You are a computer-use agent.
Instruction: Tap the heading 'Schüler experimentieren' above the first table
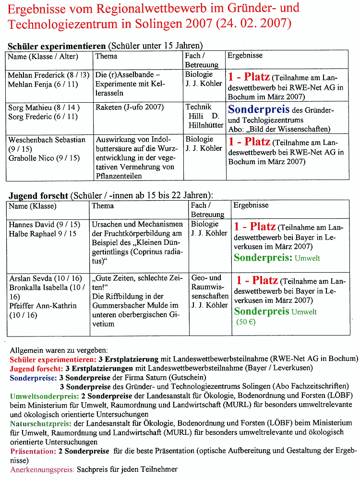click(57, 46)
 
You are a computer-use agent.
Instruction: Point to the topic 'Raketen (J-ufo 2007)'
click(130, 108)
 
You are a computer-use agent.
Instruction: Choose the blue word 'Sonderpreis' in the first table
click(259, 109)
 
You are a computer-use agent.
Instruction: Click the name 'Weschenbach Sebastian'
click(47, 140)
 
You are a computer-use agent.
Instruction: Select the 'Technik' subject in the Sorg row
click(199, 107)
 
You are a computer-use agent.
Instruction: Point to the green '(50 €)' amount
click(246, 322)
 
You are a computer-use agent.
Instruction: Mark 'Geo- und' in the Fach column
click(206, 278)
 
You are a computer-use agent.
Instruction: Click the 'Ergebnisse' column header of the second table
click(251, 205)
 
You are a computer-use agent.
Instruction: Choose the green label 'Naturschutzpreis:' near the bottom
click(41, 424)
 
